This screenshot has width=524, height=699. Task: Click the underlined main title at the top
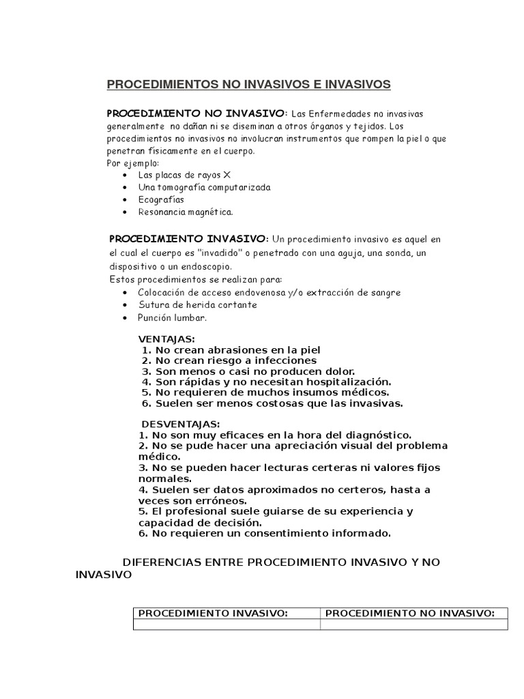point(249,84)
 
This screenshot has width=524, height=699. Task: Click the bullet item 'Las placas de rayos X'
point(175,175)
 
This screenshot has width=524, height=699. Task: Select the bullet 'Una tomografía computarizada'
point(194,187)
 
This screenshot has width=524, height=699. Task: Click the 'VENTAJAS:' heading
point(166,339)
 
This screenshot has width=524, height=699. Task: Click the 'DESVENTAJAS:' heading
point(171,425)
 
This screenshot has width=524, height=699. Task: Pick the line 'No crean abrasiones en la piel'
point(231,349)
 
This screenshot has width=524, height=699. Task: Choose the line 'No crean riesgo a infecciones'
point(229,360)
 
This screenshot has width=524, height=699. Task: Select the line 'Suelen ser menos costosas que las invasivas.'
point(272,403)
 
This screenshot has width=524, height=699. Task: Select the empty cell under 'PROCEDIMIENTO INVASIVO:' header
point(227,625)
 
